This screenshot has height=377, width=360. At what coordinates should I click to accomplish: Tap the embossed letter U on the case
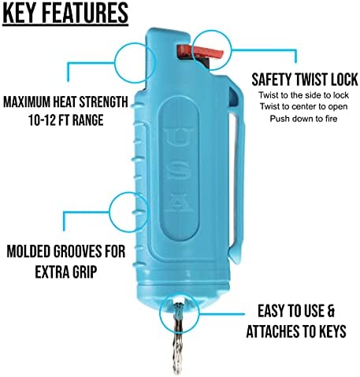tap(180, 137)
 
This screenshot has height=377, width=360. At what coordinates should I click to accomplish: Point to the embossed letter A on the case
tap(180, 202)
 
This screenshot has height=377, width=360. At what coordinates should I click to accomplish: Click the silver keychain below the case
tap(178, 338)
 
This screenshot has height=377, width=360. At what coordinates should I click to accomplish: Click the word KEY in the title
tap(20, 13)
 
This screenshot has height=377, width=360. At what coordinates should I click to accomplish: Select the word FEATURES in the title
tap(85, 13)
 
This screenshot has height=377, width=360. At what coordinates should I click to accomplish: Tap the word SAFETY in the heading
tap(272, 79)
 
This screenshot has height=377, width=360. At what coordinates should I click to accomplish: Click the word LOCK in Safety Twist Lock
tap(343, 79)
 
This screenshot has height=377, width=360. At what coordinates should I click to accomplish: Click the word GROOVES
tap(78, 251)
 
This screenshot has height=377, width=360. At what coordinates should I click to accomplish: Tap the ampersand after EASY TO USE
tap(331, 311)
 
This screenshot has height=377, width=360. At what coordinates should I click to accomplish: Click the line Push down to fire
tap(303, 119)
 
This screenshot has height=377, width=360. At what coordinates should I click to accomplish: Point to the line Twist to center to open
tap(303, 107)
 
